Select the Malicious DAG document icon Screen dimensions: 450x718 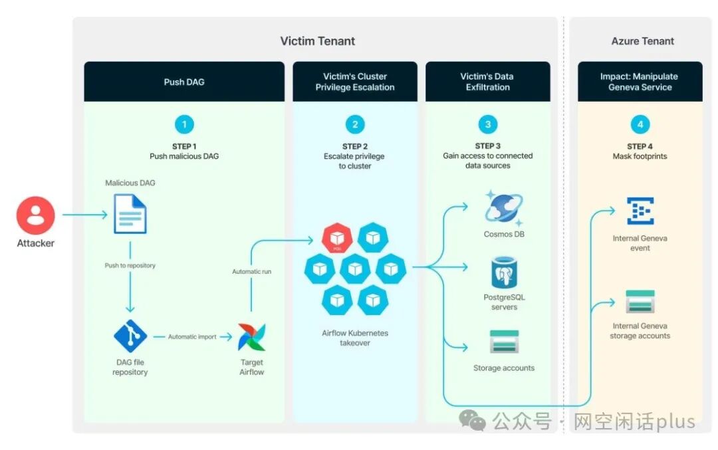130,213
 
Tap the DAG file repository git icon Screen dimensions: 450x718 130,336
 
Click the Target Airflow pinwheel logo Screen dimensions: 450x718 252,337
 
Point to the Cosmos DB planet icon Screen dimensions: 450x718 504,209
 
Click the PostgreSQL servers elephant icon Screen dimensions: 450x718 504,273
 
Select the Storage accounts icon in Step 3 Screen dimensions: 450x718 504,342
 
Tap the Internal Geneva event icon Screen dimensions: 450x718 640,211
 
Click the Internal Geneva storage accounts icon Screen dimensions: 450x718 640,302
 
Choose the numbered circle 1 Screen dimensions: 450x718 184,124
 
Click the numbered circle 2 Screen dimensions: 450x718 355,124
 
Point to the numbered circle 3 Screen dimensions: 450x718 488,124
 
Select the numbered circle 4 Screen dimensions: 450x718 640,124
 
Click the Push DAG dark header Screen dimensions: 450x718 184,82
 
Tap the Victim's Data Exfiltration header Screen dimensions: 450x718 488,82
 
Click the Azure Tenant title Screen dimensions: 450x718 642,41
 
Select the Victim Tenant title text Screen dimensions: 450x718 318,41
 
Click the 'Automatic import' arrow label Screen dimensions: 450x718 192,337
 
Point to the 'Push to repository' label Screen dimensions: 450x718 130,265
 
